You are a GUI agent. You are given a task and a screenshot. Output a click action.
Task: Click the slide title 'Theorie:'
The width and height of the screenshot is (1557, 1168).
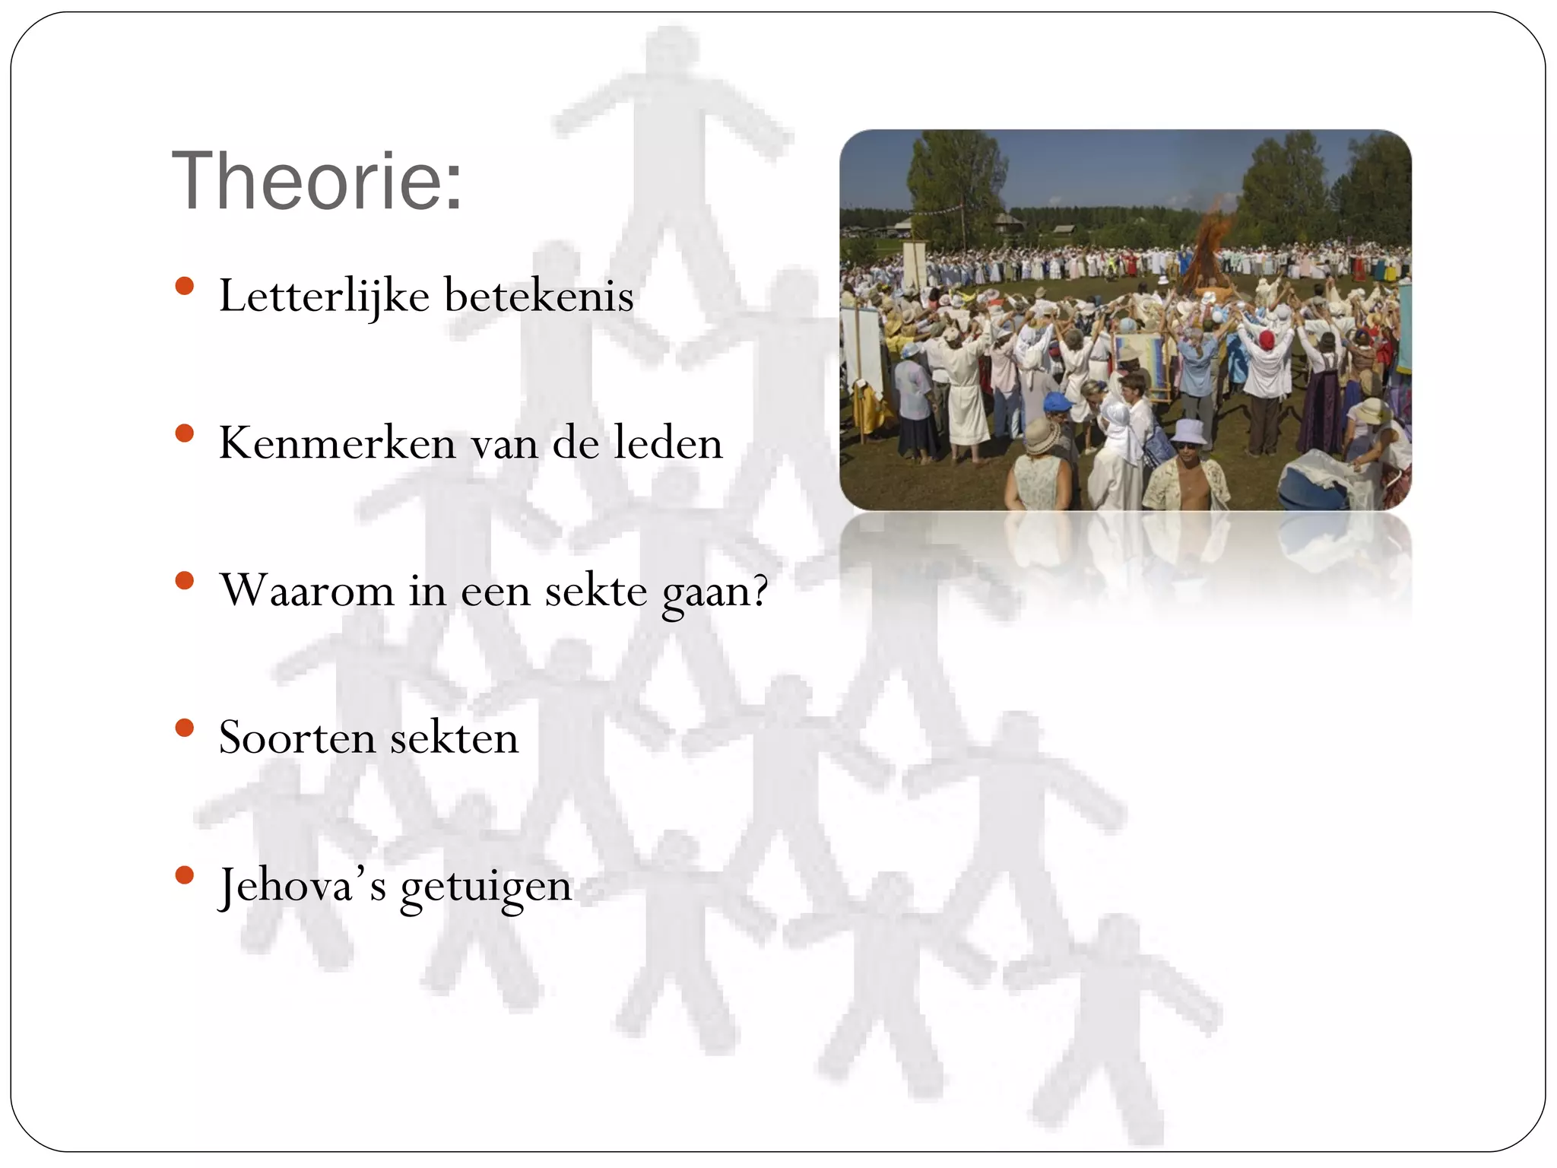coord(317,181)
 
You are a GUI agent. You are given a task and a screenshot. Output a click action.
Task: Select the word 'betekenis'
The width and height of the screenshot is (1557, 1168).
coord(538,295)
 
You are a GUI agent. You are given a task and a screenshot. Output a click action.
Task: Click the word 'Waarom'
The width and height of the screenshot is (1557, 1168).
coord(307,590)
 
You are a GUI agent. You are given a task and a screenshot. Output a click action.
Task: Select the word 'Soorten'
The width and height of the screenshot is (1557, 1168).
coord(296,738)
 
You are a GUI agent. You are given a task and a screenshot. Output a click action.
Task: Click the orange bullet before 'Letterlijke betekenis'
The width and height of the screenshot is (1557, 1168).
coord(184,287)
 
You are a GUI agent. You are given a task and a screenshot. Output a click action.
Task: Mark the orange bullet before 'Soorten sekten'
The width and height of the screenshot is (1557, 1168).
coord(184,728)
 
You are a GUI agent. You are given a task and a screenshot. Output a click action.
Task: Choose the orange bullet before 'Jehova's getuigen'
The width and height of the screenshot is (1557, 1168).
coord(184,876)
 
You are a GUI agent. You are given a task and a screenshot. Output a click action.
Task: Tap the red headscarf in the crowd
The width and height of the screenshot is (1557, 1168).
coord(1266,339)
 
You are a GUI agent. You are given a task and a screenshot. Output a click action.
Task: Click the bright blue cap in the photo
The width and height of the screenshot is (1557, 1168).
coord(1056,401)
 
